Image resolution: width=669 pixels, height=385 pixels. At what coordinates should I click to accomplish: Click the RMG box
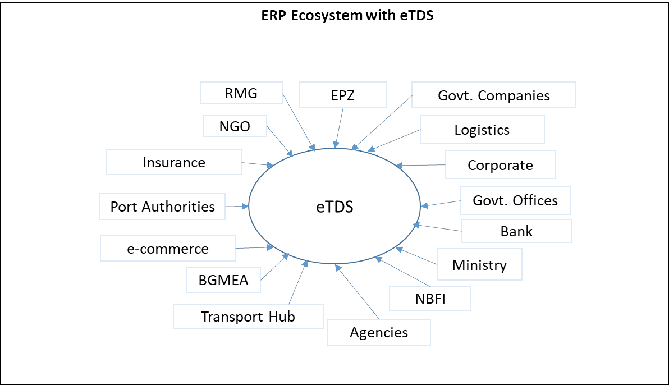point(241,93)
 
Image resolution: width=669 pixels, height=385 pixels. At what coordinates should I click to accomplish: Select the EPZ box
point(342,95)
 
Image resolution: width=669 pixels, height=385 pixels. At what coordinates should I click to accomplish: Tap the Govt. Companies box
point(493,95)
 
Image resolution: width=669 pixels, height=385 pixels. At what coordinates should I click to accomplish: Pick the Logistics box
point(482,130)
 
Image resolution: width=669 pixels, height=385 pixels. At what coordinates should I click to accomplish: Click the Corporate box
point(500,164)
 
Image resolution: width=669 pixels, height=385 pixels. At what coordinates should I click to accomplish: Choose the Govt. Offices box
point(515,200)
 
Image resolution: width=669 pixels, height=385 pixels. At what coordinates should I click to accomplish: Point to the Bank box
point(516,231)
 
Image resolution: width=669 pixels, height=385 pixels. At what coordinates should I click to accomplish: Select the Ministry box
point(479,264)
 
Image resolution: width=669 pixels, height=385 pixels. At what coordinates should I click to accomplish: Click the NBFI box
point(430,299)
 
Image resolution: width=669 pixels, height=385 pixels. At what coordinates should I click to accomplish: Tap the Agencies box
point(379,332)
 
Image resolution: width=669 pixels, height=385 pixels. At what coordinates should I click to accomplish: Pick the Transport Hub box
point(248,316)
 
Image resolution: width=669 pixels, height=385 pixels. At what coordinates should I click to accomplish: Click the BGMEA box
point(223,279)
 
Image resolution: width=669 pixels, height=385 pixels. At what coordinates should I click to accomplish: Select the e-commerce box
point(167,248)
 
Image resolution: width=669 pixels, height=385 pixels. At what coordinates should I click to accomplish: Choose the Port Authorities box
point(162,206)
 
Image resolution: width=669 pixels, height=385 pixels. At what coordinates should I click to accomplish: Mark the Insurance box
point(174,162)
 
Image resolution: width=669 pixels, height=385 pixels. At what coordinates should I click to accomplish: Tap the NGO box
point(235,126)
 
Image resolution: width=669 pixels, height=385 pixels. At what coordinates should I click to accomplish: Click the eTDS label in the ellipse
point(334,207)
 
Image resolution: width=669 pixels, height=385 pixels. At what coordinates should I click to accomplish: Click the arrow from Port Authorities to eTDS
point(237,207)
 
